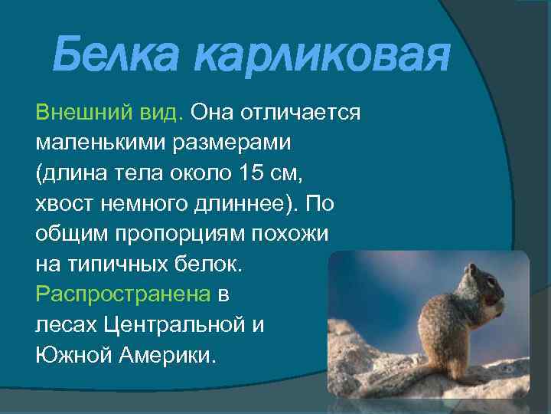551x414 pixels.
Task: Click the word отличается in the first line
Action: (300, 113)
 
